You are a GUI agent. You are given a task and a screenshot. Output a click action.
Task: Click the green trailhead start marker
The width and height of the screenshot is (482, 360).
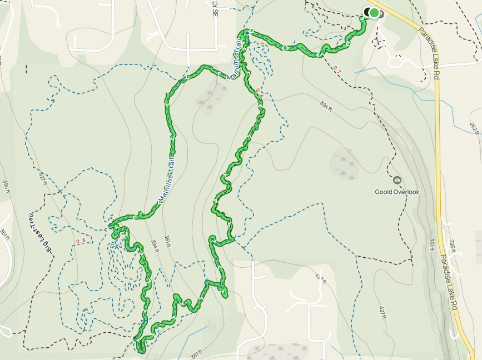pyautogui.click(x=374, y=13)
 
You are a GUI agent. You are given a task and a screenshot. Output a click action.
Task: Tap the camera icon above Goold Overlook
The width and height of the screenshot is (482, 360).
pyautogui.click(x=397, y=181)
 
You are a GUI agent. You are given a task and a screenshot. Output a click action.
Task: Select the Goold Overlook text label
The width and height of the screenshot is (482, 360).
pyautogui.click(x=397, y=192)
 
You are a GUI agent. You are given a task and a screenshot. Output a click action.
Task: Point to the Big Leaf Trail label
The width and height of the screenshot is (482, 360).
pyautogui.click(x=38, y=233)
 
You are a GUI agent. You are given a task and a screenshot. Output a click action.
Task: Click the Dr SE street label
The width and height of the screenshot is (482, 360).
pyautogui.click(x=214, y=8)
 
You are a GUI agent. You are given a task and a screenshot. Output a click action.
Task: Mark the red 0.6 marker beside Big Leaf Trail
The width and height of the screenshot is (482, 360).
pyautogui.click(x=80, y=241)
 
